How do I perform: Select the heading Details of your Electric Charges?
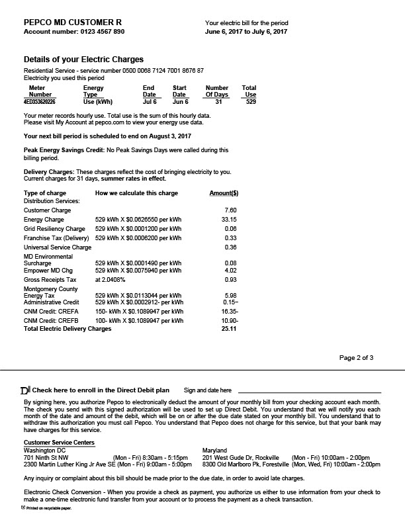click(83, 60)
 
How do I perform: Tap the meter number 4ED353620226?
click(40, 103)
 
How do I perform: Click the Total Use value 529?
click(250, 103)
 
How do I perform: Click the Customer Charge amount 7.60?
click(231, 210)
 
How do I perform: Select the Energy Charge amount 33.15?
click(230, 219)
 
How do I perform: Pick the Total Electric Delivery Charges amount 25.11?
click(229, 328)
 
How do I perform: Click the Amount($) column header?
click(224, 193)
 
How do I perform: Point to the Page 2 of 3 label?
click(356, 358)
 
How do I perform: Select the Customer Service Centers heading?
click(59, 443)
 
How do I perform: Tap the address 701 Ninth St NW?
click(46, 457)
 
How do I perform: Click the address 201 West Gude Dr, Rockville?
click(240, 457)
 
